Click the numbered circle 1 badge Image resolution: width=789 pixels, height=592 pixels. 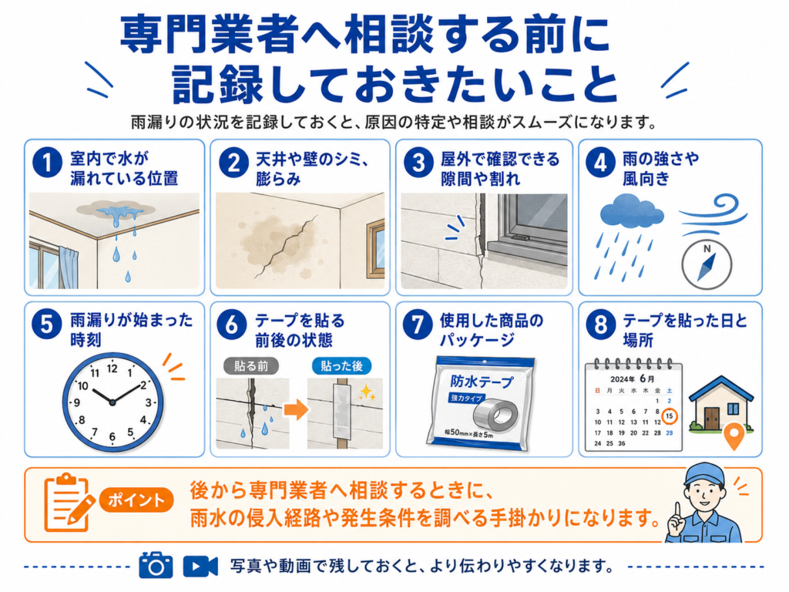coord(47,163)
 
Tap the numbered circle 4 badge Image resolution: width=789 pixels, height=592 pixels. coord(600,163)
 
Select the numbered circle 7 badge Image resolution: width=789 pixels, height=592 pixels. coord(418,325)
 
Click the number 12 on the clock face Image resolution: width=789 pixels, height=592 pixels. coord(112,368)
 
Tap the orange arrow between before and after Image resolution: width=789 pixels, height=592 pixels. coord(297,409)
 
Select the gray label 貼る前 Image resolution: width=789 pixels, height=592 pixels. coord(251,366)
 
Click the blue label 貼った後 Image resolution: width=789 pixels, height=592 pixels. coord(341,366)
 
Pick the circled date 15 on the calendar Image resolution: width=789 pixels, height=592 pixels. coord(670,416)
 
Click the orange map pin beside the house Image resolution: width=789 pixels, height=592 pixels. coord(734,436)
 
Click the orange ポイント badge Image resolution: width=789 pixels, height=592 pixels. coord(136,499)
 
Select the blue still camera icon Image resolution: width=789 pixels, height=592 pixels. coord(156,565)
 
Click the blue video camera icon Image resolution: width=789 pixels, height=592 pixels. coord(200,567)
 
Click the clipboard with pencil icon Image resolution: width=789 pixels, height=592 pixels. coord(69,502)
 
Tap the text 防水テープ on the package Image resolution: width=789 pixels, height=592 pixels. coord(482,382)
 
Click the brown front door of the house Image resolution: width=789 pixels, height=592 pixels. coord(712,419)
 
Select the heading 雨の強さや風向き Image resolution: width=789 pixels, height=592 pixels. coord(660,169)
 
